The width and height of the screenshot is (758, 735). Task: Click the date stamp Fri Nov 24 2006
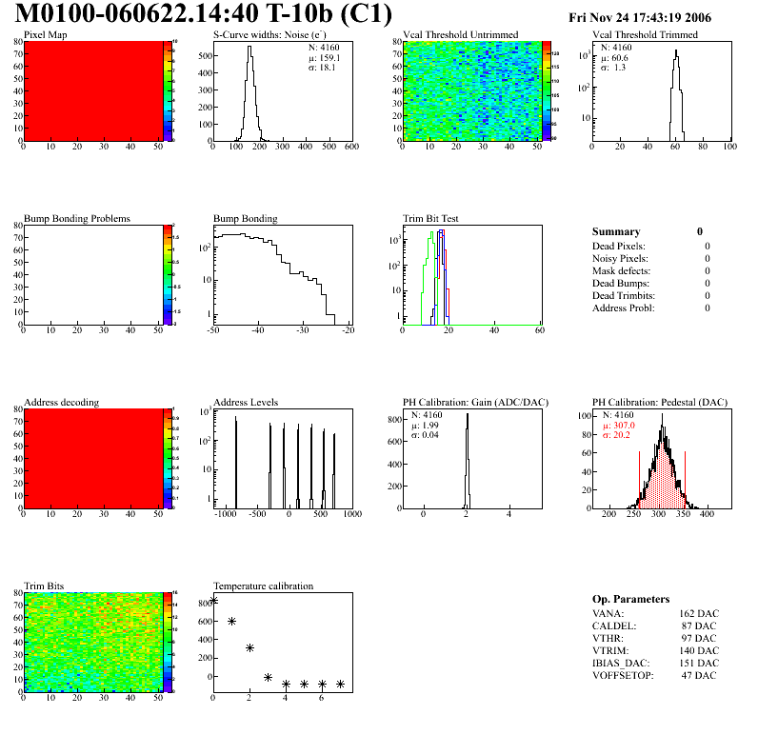coord(639,17)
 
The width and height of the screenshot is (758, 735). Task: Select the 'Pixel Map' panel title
coord(46,35)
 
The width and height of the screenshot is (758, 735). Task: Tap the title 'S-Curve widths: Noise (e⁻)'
coord(272,35)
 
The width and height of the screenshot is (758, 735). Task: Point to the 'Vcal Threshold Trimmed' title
coord(645,35)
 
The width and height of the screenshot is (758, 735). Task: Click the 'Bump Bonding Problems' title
coord(77,219)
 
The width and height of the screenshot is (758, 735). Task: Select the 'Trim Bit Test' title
coord(431,219)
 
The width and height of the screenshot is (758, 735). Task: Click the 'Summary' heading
coord(616,231)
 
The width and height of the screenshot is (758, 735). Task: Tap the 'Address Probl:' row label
coord(623,308)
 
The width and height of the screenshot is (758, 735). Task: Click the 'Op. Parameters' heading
coord(630,599)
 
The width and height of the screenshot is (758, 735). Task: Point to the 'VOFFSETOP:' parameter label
coord(625,676)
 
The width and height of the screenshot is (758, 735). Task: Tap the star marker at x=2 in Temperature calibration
coord(249,647)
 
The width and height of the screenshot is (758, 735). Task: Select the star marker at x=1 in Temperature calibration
coord(231,621)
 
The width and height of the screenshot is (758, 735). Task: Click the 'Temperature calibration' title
coord(263,586)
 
